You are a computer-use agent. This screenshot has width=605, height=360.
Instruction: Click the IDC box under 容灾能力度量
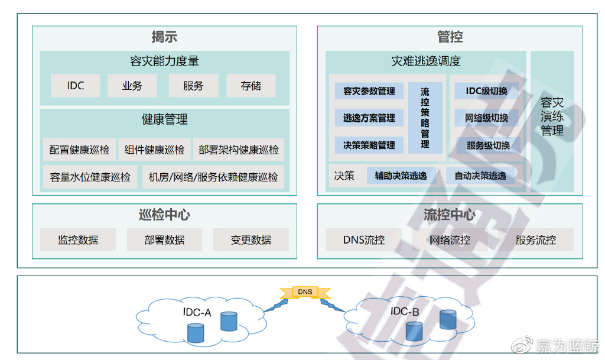75,86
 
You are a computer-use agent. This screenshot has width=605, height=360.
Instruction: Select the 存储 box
251,86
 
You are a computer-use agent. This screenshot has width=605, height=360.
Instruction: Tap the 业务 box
132,86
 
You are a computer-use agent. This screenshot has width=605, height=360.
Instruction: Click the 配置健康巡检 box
79,150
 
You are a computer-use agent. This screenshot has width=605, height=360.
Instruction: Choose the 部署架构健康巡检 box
239,150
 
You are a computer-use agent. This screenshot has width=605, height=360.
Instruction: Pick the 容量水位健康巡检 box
90,177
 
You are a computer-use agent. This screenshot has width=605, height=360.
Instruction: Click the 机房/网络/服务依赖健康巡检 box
213,177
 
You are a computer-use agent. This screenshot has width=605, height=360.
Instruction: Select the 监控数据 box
78,240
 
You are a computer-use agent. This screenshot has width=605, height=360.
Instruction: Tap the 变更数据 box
251,240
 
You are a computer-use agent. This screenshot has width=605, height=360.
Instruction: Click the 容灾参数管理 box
369,91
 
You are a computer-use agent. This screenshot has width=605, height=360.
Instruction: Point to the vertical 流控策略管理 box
425,118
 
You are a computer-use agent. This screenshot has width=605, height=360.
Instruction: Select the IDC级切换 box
487,91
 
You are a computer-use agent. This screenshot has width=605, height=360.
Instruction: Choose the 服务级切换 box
488,145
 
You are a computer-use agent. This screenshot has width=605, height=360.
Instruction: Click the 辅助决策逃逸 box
401,176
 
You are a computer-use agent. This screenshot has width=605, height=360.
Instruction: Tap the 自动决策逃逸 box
480,176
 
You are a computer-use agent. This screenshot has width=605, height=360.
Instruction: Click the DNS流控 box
364,240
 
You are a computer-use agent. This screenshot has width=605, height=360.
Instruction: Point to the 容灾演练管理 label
552,116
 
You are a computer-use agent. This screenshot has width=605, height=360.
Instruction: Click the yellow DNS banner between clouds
305,291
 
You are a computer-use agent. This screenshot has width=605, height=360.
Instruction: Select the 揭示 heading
164,37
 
